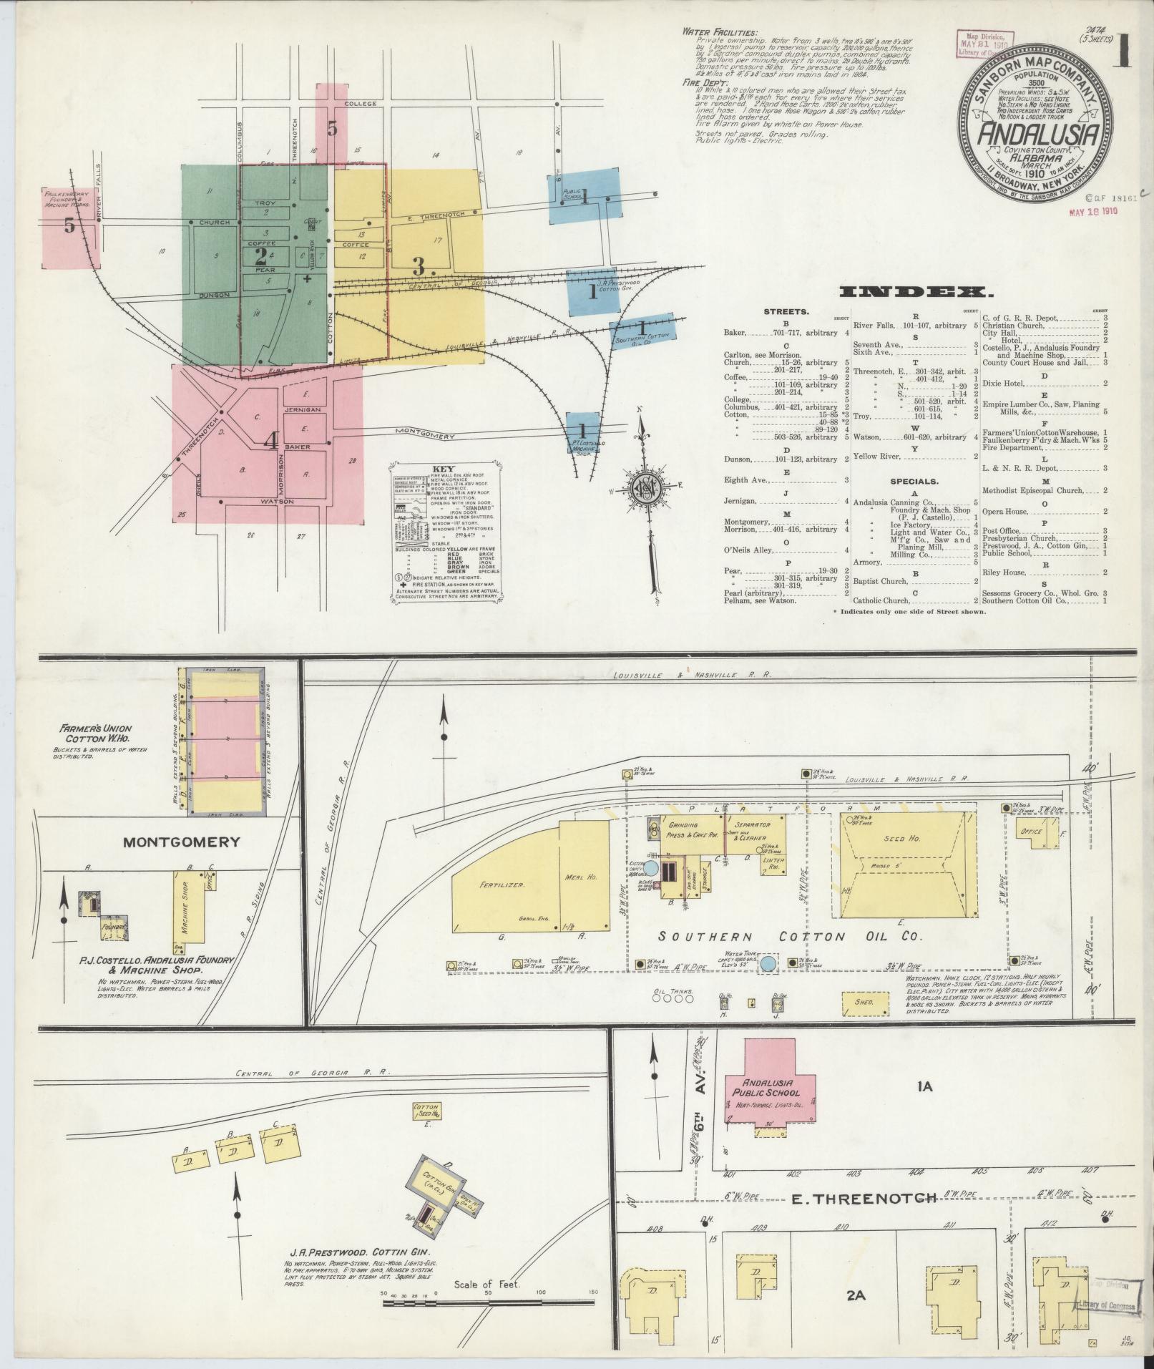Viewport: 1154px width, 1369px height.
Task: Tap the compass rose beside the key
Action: pyautogui.click(x=641, y=488)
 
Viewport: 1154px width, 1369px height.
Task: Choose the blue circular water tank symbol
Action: pyautogui.click(x=769, y=964)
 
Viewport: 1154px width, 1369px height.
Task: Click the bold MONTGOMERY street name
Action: pyautogui.click(x=181, y=842)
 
